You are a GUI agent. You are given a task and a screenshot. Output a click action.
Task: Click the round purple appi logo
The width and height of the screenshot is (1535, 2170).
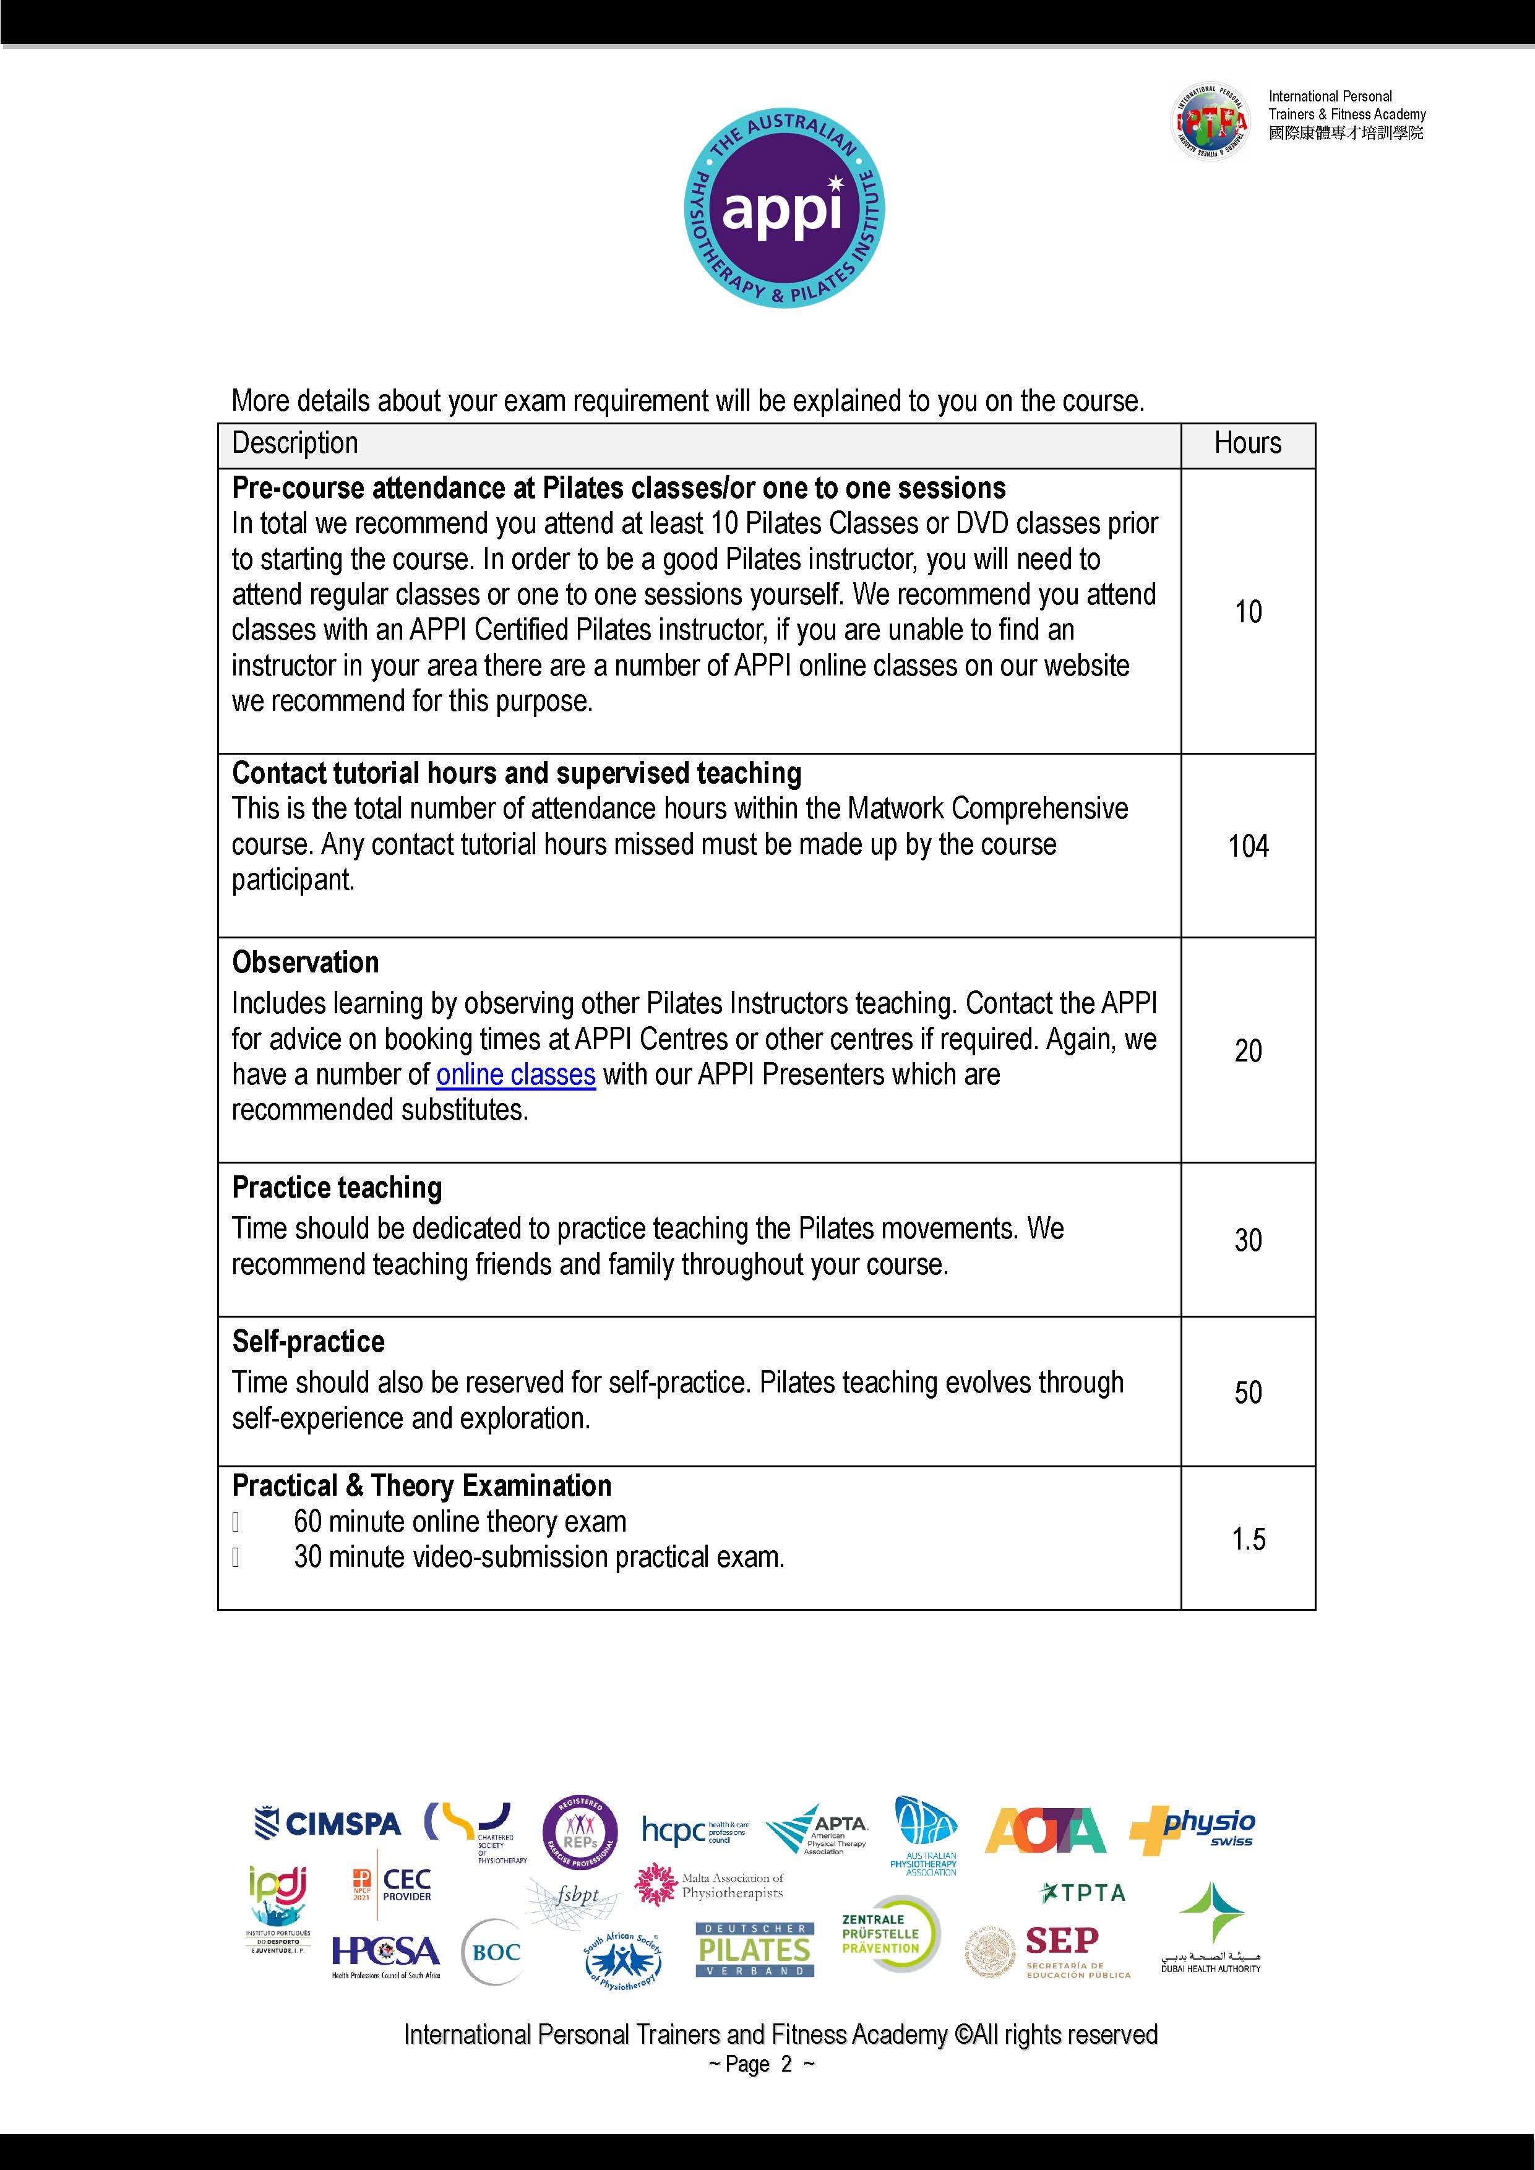(783, 208)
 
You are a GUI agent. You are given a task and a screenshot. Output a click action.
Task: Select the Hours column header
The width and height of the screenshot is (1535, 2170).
(1248, 444)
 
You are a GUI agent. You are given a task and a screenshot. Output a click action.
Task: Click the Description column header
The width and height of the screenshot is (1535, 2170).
(295, 444)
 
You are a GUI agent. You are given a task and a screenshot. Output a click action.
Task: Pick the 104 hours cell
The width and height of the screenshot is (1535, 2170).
(1248, 846)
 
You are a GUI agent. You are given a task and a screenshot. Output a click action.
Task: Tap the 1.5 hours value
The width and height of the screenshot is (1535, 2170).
(1248, 1538)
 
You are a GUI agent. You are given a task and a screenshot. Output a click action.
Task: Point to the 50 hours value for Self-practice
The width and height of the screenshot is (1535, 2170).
(1248, 1392)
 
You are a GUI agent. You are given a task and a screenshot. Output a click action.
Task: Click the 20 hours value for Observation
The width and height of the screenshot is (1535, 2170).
(1248, 1051)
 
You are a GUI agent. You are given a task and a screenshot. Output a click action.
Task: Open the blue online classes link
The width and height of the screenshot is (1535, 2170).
(515, 1074)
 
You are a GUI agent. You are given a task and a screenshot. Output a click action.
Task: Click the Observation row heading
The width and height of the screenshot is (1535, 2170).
(305, 962)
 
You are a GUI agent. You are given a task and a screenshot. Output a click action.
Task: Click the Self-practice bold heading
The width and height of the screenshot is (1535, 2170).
(308, 1341)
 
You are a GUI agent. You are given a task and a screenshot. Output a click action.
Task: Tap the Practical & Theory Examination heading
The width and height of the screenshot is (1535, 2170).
(421, 1486)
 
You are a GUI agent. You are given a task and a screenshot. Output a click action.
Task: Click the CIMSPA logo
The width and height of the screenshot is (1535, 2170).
(327, 1823)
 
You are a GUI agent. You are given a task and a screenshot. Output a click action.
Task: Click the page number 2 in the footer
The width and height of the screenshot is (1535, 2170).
(786, 2065)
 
